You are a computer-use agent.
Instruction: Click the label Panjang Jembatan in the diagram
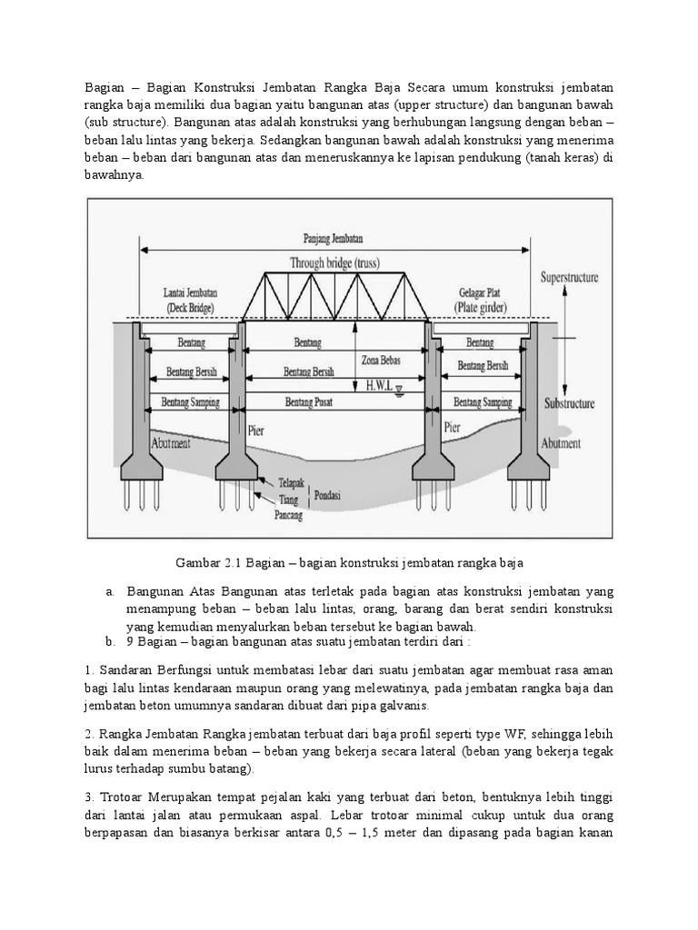pos(333,239)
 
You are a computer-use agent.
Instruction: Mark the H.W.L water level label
pos(380,385)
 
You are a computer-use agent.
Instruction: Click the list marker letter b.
pos(109,641)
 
